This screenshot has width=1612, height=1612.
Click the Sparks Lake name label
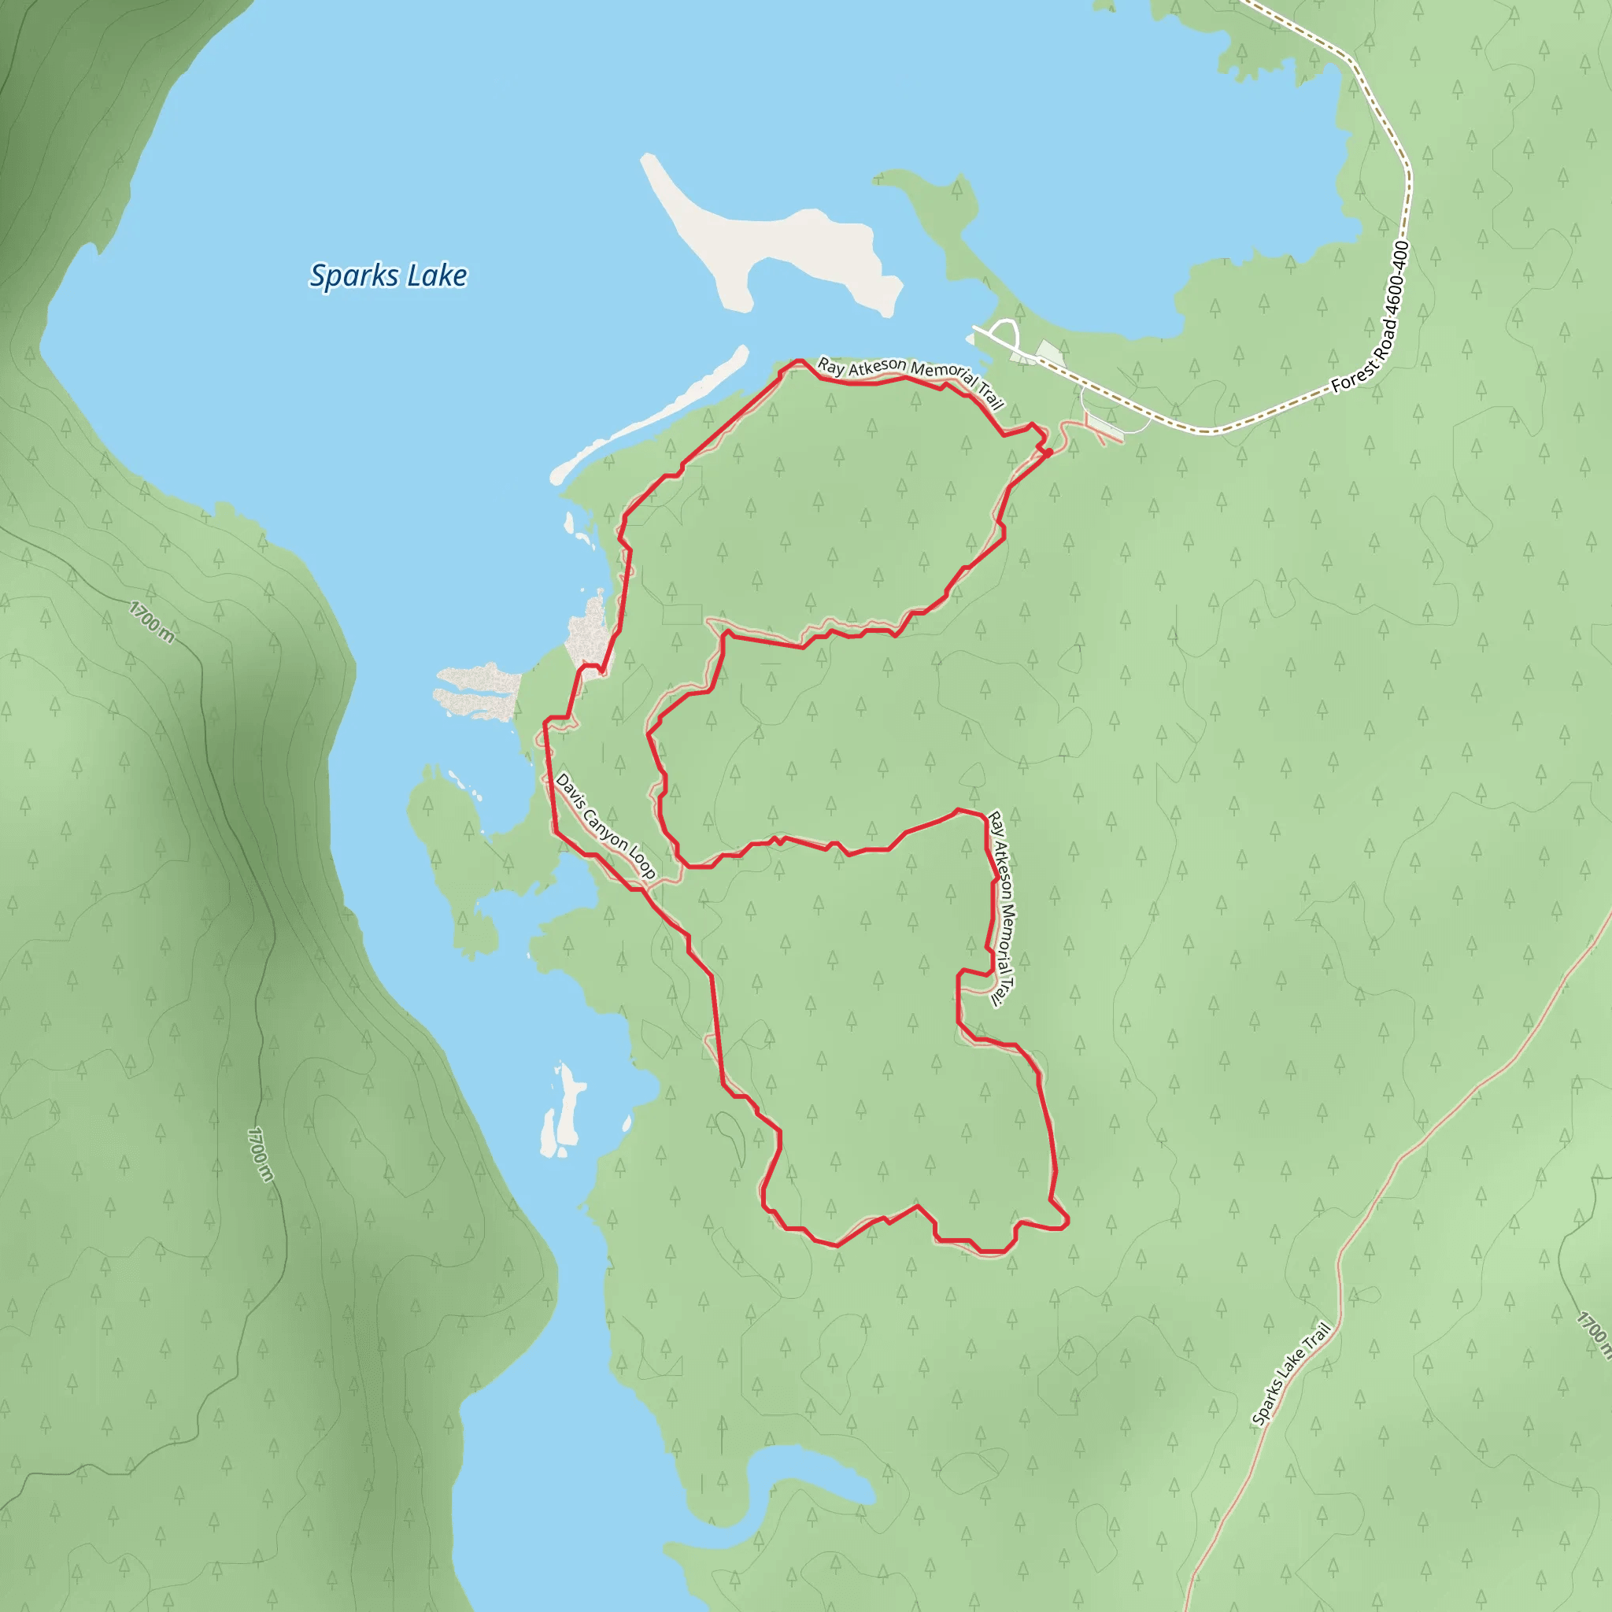388,275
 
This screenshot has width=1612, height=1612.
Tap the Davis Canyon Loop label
606,825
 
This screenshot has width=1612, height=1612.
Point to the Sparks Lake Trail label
1292,1374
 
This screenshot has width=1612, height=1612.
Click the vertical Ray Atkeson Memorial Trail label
1000,908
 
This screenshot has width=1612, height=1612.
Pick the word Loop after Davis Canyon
642,862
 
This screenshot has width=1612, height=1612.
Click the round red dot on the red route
1048,453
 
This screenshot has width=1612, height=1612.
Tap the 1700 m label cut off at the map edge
1593,1335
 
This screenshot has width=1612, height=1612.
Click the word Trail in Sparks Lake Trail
1316,1342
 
